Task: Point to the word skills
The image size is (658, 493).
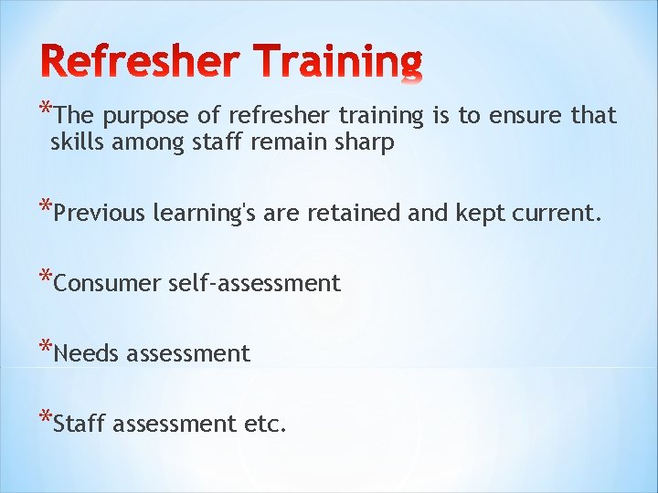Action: (77, 143)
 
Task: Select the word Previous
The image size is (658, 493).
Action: (100, 214)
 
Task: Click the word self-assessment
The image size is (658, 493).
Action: (254, 284)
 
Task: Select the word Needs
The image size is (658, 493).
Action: (87, 353)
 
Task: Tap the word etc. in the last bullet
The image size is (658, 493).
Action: (265, 424)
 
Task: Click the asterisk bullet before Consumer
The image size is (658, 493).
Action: (46, 276)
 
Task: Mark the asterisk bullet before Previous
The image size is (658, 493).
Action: (46, 205)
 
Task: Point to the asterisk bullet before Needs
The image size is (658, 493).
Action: (46, 346)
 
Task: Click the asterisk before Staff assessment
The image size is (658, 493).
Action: (46, 416)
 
